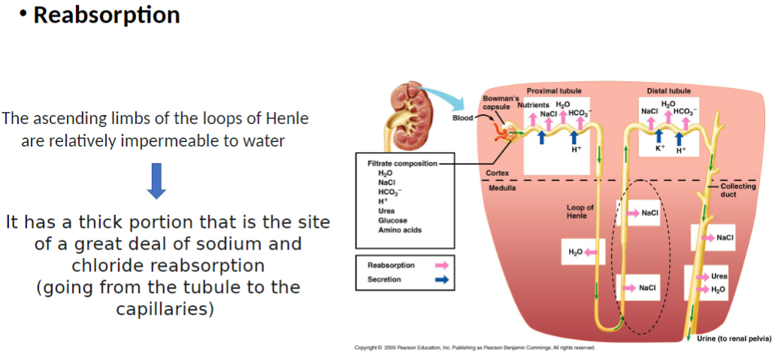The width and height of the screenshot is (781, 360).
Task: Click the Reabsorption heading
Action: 106,16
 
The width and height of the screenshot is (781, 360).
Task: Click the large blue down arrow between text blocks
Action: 157,180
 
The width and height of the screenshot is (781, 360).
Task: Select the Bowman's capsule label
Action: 497,102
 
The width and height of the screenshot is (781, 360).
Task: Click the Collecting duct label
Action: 737,190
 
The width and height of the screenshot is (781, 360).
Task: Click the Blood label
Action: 463,118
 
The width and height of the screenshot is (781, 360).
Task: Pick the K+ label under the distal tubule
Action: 660,147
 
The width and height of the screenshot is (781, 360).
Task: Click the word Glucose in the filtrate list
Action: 393,220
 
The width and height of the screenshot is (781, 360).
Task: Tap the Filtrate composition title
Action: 402,163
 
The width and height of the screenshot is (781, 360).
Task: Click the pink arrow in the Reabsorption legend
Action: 441,265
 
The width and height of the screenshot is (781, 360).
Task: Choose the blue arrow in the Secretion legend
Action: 441,280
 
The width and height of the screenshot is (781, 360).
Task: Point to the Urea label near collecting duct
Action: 719,277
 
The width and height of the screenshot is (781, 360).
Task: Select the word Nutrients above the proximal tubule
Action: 533,105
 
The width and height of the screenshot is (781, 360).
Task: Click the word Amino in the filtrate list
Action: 389,229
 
